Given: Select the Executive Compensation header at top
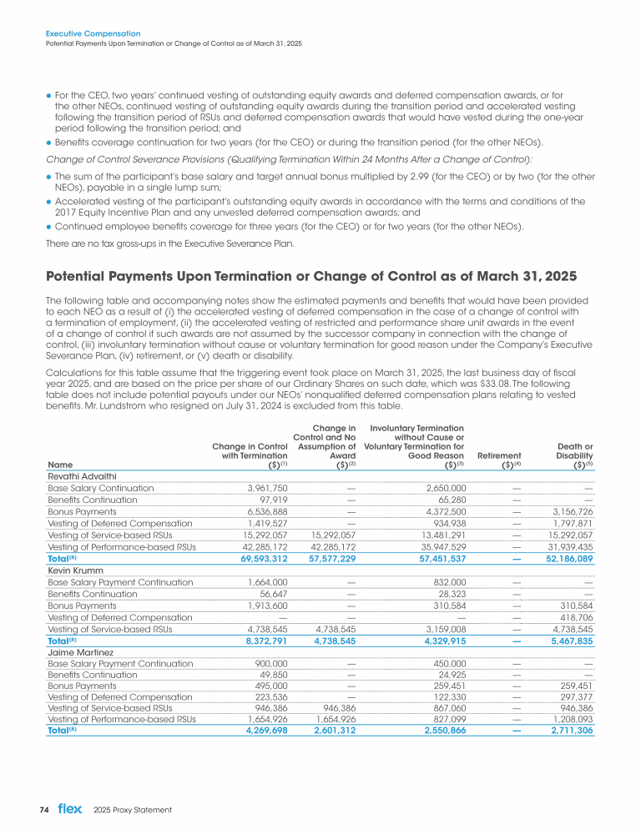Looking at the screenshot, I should click(93, 34).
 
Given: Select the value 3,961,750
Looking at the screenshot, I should click(256, 488).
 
